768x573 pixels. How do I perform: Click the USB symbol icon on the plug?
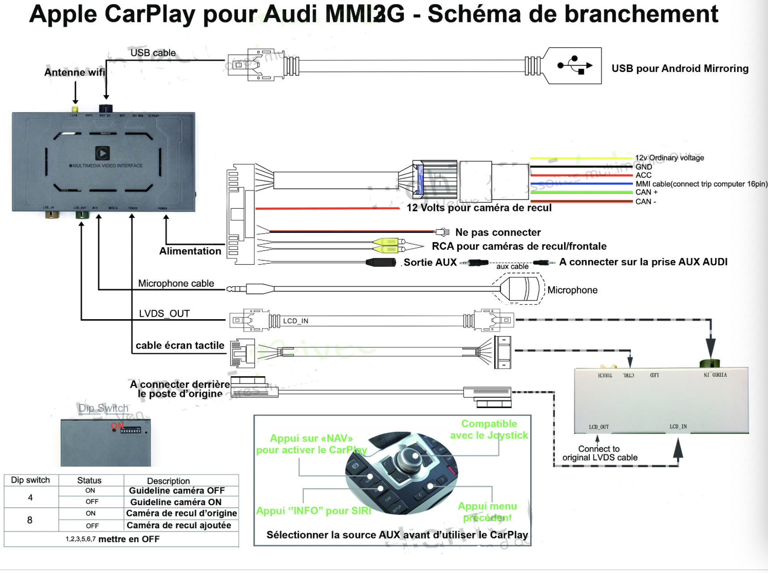[x=575, y=65]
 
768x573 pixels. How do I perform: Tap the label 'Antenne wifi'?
[x=75, y=72]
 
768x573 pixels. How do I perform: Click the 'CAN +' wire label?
[x=646, y=192]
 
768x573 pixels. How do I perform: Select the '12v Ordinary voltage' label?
[x=669, y=158]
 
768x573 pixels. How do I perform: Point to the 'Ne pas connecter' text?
[x=498, y=232]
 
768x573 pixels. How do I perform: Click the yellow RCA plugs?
[x=387, y=245]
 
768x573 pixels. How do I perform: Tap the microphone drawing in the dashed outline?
[x=520, y=289]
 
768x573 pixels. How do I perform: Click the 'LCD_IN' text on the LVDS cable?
[x=295, y=321]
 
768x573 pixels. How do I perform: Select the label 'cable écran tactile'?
[x=180, y=345]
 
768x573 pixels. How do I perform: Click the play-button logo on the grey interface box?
[x=102, y=153]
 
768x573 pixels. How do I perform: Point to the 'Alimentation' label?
[x=190, y=251]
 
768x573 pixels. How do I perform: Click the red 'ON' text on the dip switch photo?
[x=117, y=426]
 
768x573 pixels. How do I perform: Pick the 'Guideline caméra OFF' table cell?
[x=177, y=491]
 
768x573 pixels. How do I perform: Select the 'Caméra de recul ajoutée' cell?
[x=179, y=526]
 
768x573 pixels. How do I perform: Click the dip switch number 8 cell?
[x=30, y=520]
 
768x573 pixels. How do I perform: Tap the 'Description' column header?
[x=168, y=481]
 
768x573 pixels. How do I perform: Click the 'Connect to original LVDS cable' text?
[x=599, y=453]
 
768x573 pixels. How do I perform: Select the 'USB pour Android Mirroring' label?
[x=679, y=68]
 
